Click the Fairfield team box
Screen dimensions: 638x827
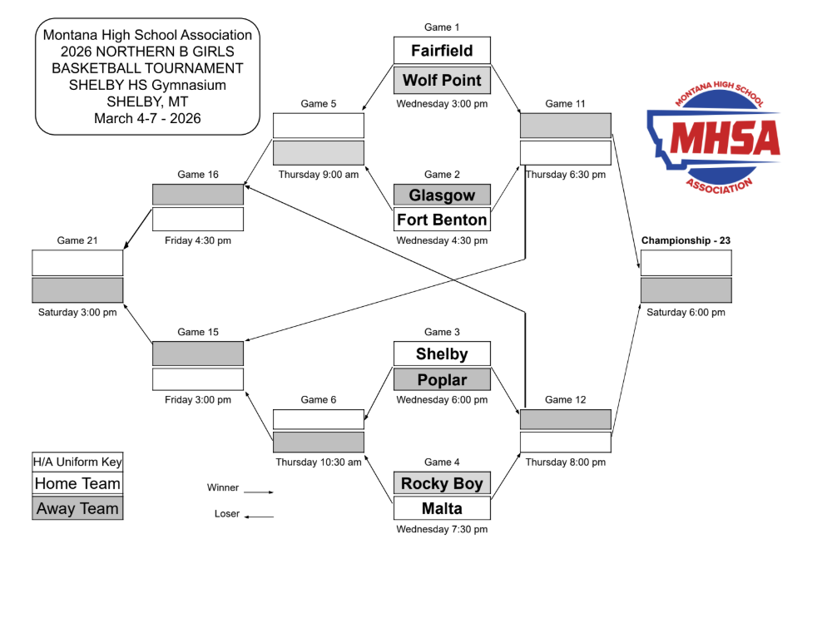[442, 51]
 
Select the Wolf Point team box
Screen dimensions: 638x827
[442, 81]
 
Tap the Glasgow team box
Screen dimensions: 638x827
[442, 195]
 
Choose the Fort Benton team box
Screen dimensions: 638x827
[442, 220]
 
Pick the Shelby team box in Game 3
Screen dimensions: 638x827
[442, 354]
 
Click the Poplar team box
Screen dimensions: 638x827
[442, 380]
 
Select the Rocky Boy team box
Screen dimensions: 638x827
[442, 483]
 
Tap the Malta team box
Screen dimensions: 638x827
[442, 508]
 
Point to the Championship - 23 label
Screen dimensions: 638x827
[686, 241]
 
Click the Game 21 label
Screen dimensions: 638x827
[77, 241]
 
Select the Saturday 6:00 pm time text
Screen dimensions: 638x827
[686, 313]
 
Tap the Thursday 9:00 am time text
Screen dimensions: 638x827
[319, 175]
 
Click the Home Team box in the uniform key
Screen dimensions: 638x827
[77, 484]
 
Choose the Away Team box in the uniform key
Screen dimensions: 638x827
[77, 508]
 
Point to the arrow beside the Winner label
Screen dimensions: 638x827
[259, 492]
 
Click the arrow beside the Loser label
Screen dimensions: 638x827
[259, 517]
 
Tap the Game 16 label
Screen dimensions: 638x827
[198, 175]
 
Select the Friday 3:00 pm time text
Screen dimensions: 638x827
[198, 400]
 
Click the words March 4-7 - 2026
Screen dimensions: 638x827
[147, 118]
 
